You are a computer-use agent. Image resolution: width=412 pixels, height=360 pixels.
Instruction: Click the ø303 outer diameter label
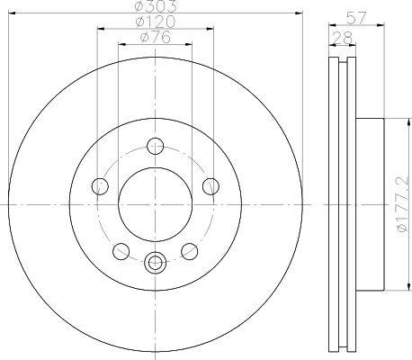[x=156, y=6]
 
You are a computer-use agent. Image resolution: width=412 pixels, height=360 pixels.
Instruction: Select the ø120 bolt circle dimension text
[x=156, y=22]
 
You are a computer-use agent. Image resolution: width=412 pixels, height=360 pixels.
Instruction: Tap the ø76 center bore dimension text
[x=156, y=37]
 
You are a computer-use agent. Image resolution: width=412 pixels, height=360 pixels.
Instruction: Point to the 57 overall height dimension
[x=356, y=18]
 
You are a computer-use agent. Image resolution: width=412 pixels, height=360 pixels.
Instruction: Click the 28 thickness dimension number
[x=343, y=39]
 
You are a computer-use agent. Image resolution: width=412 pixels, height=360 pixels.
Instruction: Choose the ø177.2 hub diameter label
[x=403, y=204]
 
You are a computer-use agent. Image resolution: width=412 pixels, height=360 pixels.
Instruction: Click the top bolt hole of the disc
[x=156, y=146]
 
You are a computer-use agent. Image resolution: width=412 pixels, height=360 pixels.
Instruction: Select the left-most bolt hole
[x=100, y=186]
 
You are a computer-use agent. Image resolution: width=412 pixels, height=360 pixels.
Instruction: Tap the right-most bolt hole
[x=210, y=186]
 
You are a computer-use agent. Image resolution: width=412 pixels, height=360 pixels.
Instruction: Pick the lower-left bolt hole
[x=121, y=251]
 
